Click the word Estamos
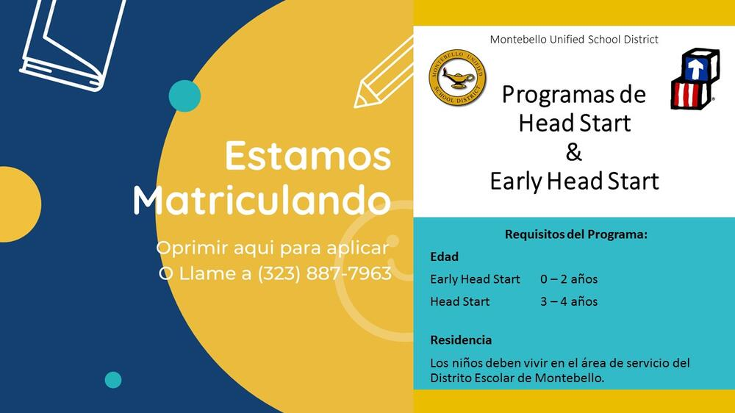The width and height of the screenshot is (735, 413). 308,156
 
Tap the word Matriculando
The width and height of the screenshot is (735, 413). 262,200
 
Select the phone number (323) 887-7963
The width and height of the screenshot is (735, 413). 325,273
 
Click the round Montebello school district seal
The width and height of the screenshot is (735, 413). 457,77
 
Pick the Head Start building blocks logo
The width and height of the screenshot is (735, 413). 695,79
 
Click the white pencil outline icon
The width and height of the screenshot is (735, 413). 384,73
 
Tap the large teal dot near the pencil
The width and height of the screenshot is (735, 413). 184,96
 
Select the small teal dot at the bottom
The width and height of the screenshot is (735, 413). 113,380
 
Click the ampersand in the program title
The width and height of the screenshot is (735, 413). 574,152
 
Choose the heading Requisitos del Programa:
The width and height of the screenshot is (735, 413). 576,234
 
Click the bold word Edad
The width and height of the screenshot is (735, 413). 445,257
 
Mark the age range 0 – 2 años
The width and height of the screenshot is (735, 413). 569,279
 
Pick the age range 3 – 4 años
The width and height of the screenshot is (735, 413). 569,301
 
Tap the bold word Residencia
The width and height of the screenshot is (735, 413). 461,340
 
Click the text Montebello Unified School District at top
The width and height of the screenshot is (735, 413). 574,40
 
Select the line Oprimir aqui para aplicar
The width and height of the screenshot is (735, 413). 273,248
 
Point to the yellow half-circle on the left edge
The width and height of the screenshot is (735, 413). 21,204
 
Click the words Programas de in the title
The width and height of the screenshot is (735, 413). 574,94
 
